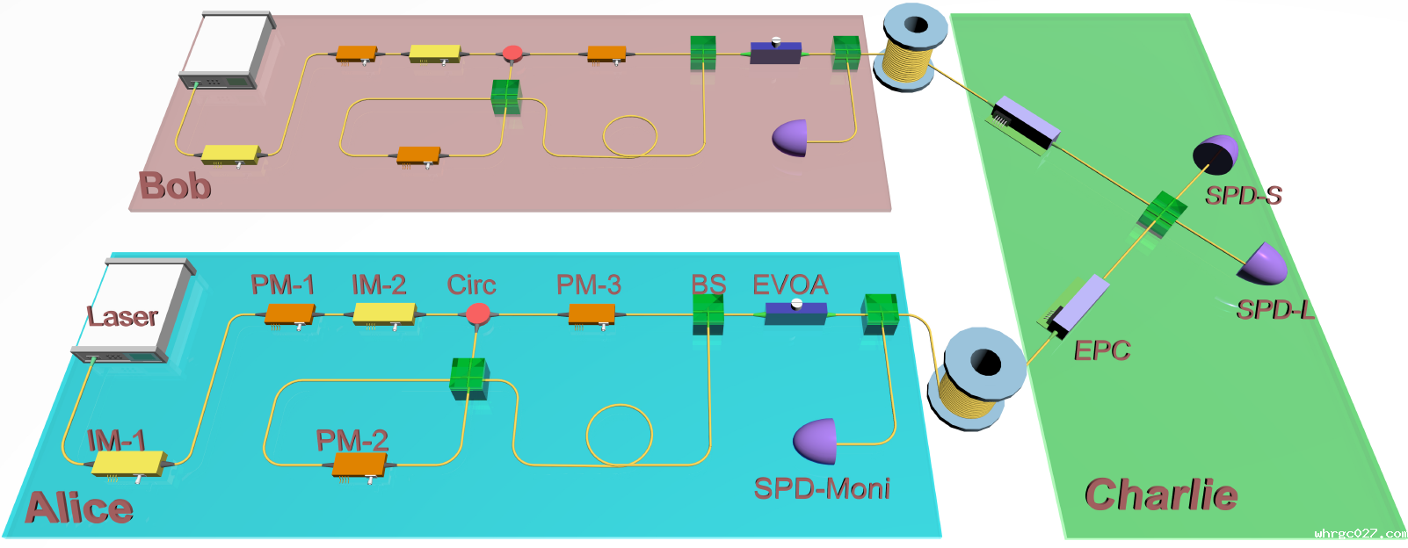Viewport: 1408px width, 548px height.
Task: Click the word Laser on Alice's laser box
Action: pyautogui.click(x=122, y=316)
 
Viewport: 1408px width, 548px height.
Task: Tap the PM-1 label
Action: pyautogui.click(x=282, y=285)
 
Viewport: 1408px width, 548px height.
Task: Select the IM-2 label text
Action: pyautogui.click(x=379, y=285)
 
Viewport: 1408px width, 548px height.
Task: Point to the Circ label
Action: pyautogui.click(x=471, y=285)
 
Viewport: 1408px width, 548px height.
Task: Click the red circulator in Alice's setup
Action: pyautogui.click(x=478, y=314)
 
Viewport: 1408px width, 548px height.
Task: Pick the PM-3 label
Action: pyautogui.click(x=589, y=285)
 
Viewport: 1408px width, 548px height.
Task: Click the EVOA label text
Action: pyautogui.click(x=790, y=285)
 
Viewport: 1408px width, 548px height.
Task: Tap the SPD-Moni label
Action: pyautogui.click(x=822, y=488)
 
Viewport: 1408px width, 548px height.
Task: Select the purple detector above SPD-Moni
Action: pyautogui.click(x=816, y=441)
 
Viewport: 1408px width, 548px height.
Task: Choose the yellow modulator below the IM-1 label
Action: pyautogui.click(x=129, y=465)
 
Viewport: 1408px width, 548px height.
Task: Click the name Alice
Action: pyautogui.click(x=79, y=508)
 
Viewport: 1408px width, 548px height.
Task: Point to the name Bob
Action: pyautogui.click(x=175, y=186)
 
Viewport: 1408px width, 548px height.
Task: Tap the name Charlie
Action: pyautogui.click(x=1162, y=494)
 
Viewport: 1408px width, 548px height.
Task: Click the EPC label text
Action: pyautogui.click(x=1102, y=350)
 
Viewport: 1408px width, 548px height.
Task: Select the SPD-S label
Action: pyautogui.click(x=1244, y=195)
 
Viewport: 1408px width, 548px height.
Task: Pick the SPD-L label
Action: pyautogui.click(x=1275, y=309)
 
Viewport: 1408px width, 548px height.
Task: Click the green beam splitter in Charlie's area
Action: pyautogui.click(x=1162, y=214)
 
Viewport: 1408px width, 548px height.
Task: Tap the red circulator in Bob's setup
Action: pyautogui.click(x=512, y=54)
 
